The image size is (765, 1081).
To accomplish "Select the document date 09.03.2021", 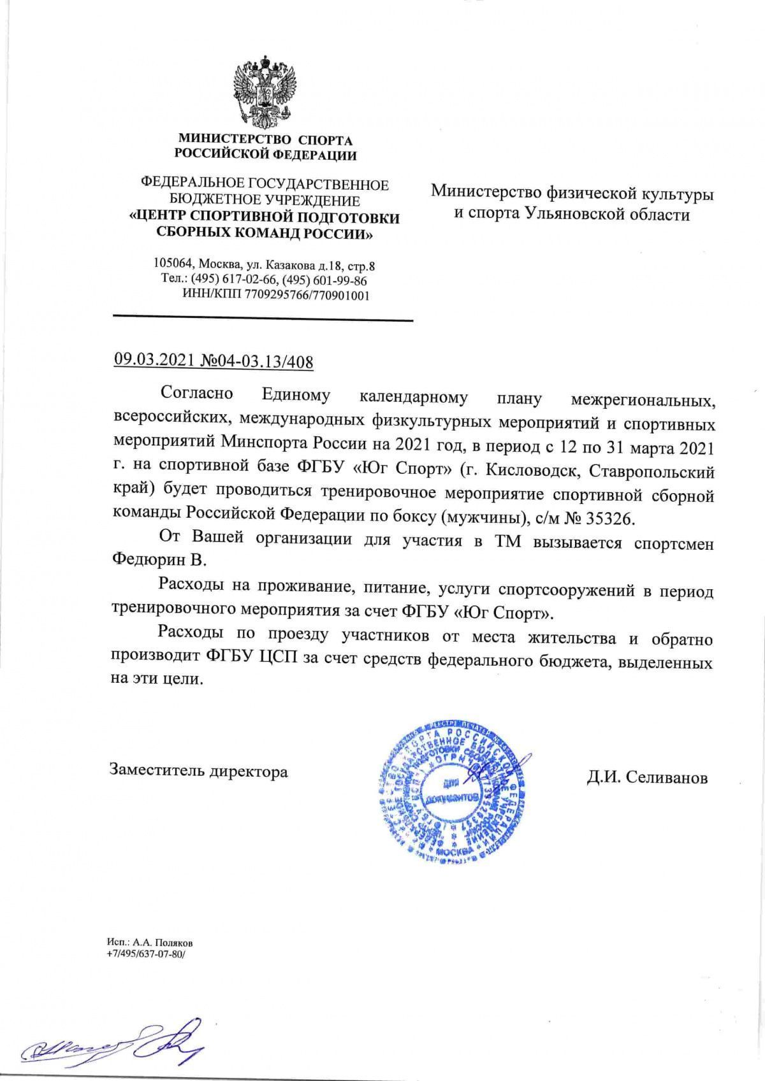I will (153, 362).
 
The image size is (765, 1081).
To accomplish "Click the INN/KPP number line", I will (276, 295).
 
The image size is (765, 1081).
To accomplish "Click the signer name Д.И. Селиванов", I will (646, 778).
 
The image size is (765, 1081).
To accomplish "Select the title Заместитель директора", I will (199, 771).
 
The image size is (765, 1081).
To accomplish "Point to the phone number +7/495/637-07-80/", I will (145, 954).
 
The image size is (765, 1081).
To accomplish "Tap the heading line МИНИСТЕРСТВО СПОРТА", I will (265, 140).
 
